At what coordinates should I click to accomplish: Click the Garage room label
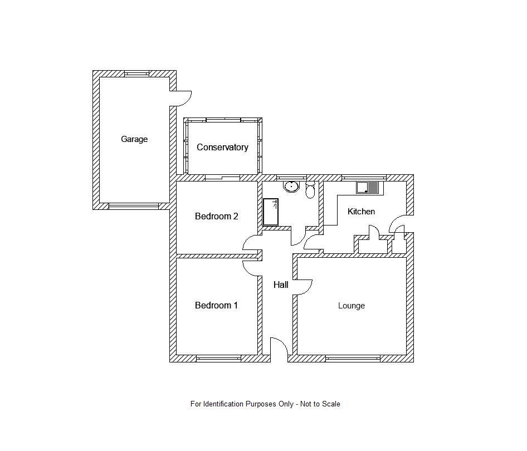(134, 139)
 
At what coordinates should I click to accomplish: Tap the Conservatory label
(222, 148)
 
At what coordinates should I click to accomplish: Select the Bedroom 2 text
(216, 216)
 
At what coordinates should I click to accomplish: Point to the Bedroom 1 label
(216, 305)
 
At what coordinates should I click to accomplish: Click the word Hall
(281, 285)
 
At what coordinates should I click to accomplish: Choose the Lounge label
(352, 306)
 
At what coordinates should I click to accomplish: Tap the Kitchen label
(361, 212)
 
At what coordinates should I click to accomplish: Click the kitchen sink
(368, 188)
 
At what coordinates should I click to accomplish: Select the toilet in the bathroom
(310, 190)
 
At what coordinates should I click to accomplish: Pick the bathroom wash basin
(291, 186)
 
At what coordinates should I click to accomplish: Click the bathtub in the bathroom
(271, 212)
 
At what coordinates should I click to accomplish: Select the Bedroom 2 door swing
(251, 243)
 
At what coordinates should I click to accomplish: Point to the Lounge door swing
(303, 286)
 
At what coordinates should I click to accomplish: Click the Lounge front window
(353, 358)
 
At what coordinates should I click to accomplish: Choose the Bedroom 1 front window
(219, 358)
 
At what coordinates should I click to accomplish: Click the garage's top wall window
(136, 73)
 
